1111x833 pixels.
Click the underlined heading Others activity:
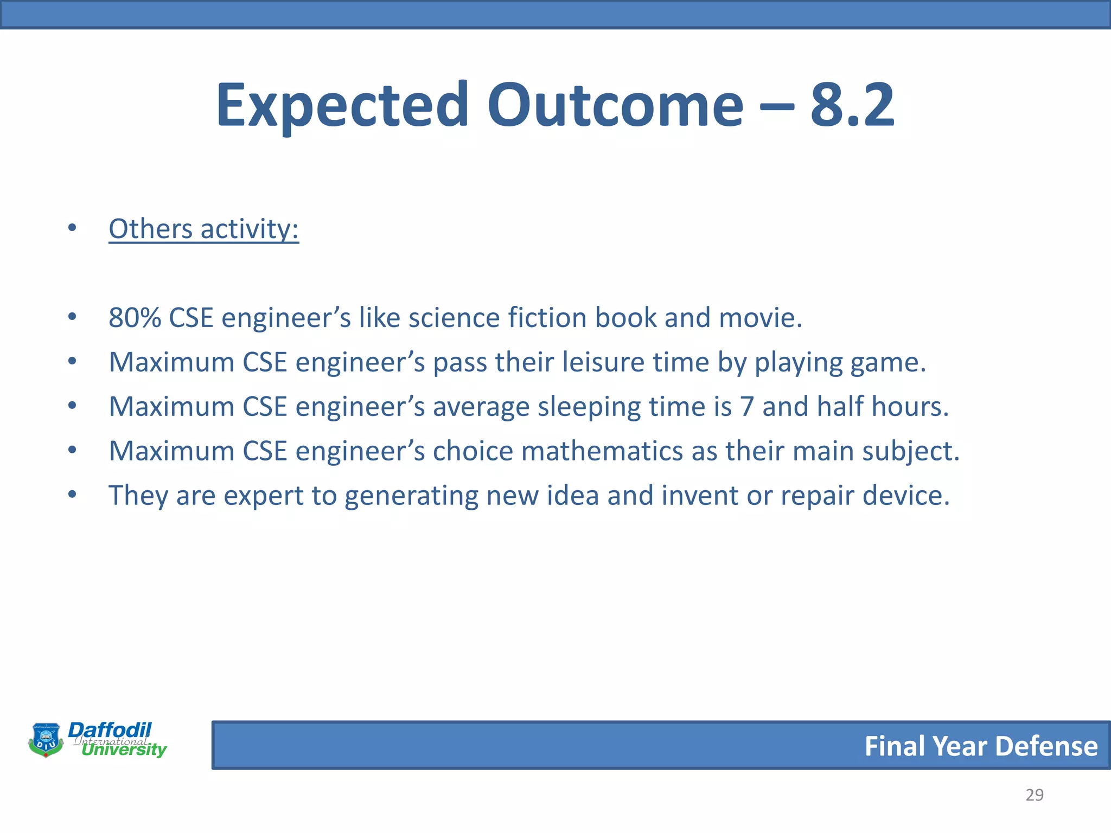coord(203,229)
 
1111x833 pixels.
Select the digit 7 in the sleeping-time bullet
coord(747,407)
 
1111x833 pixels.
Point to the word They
coord(138,496)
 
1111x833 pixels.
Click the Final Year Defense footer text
coord(981,746)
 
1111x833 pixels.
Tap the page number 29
coord(1034,795)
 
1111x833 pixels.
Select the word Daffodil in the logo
coord(110,730)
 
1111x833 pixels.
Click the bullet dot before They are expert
coord(72,495)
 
